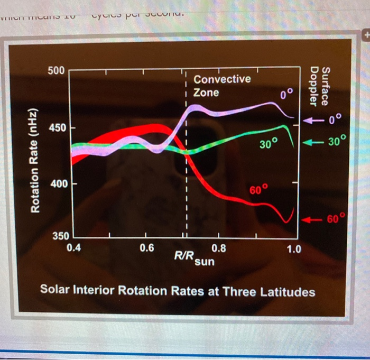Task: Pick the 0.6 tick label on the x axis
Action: (146, 247)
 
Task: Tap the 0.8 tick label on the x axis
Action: (218, 247)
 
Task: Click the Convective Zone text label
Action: (221, 86)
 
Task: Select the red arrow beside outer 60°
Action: (315, 218)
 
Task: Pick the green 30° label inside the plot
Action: (269, 144)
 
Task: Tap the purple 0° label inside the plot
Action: (286, 95)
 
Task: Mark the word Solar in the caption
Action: (55, 292)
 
